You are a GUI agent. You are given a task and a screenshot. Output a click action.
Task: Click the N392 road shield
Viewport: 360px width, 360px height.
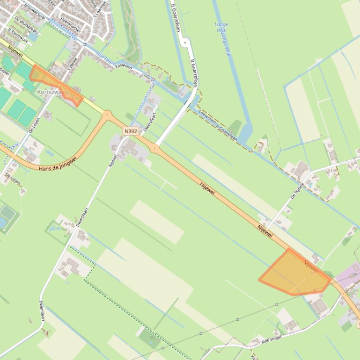[131, 131]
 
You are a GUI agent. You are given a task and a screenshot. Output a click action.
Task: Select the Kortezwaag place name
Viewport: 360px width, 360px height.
[52, 92]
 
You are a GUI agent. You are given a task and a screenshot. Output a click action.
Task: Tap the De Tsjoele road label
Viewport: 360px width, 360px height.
[297, 191]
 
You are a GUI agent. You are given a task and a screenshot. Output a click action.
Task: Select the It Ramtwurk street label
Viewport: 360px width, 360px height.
[19, 36]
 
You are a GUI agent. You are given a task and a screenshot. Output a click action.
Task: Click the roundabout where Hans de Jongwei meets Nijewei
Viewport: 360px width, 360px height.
[107, 114]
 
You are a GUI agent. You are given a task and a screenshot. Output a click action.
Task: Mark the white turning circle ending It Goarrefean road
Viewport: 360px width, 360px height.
[185, 43]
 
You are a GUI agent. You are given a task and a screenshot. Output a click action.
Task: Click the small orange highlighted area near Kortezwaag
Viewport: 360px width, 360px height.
[55, 84]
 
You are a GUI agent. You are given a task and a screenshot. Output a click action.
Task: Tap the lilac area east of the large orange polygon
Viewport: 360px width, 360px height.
[347, 276]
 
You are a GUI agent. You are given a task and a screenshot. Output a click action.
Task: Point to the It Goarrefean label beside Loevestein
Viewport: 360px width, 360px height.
[227, 133]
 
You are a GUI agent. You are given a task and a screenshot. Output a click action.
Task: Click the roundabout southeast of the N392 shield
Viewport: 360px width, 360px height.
[154, 149]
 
